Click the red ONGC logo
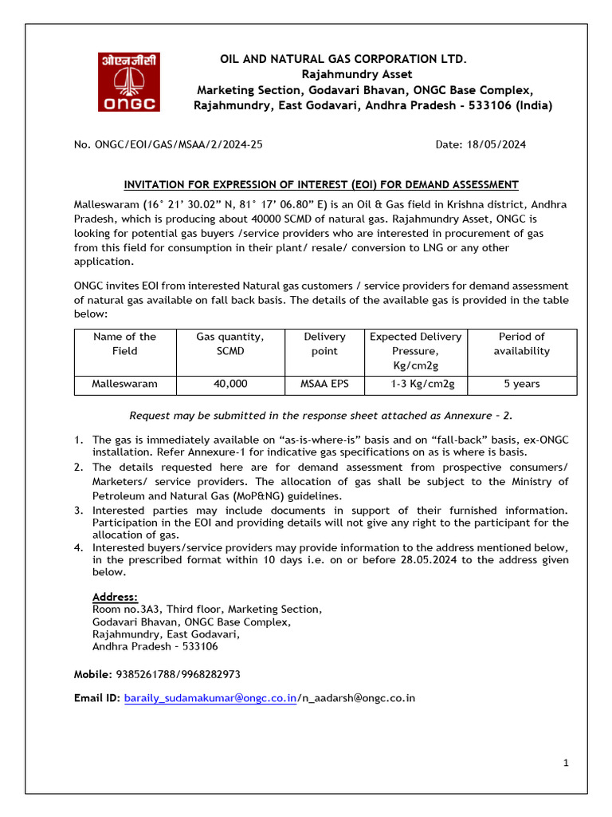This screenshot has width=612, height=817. pos(128,82)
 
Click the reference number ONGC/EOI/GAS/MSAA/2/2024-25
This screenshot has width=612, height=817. pos(168,144)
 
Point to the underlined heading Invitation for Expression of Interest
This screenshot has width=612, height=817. pos(321,184)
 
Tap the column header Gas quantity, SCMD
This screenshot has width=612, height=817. pos(230,344)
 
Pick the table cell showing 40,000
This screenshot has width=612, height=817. pos(230,384)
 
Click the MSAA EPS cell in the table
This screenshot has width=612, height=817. pos(324,384)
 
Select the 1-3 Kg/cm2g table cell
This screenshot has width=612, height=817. pos(415,384)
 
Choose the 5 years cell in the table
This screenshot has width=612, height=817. pos(521,384)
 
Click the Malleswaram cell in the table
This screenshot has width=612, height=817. pos(124,384)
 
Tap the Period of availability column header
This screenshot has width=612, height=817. pos(521,344)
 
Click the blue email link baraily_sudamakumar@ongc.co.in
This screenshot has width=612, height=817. pos(210,698)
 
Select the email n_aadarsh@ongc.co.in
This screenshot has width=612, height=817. pos(358,698)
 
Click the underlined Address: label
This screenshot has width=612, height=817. pos(115,597)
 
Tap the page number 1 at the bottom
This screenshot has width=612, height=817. pos(566,763)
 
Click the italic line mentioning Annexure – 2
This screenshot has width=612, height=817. pos(321,415)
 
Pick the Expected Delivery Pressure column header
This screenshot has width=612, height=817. pos(415,350)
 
